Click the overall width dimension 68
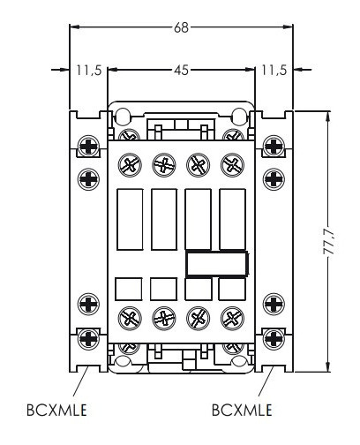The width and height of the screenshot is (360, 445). [x=181, y=27]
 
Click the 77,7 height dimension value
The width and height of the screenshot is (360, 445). [x=328, y=240]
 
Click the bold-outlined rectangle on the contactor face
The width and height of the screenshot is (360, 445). [x=216, y=263]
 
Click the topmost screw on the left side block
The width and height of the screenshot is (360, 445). [x=88, y=145]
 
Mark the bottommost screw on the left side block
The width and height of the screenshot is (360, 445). [x=88, y=336]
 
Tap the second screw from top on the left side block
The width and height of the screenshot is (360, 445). [x=88, y=179]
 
